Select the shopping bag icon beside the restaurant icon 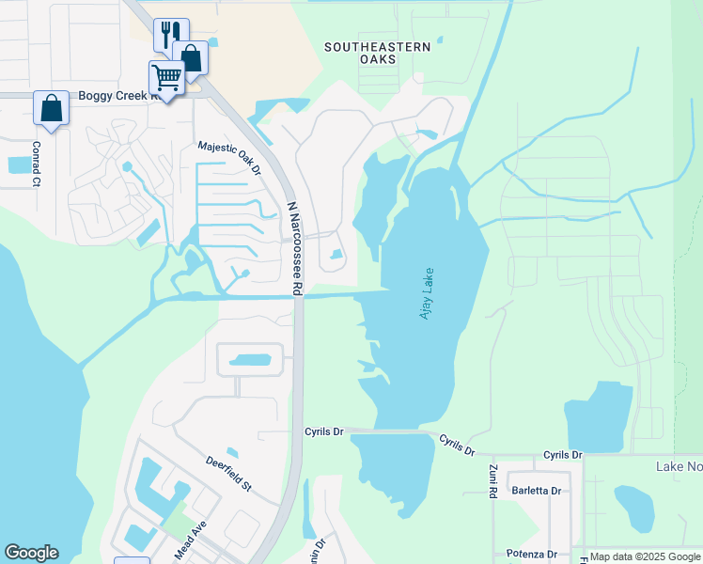(191, 57)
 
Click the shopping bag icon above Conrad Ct (51, 107)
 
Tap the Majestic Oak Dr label (228, 158)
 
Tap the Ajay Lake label (428, 295)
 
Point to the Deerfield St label (229, 473)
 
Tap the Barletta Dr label (536, 491)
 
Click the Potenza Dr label (533, 554)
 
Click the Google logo (31, 553)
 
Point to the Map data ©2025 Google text (645, 556)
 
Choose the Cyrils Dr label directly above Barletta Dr (563, 455)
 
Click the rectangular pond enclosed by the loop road (249, 360)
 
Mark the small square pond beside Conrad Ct (19, 165)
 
